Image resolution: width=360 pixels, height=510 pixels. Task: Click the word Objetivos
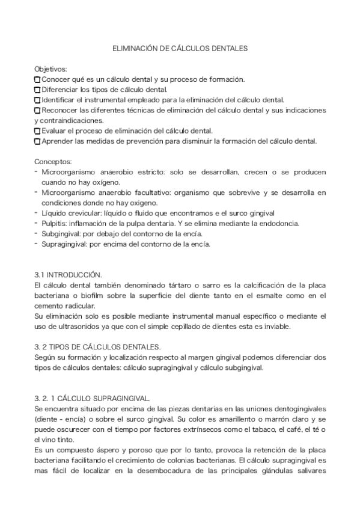50,70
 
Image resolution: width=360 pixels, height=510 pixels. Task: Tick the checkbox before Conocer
37,80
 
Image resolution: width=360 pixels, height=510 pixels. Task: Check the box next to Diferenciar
37,90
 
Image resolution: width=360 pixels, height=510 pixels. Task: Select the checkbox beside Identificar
37,100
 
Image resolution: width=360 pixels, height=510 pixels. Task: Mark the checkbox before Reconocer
37,111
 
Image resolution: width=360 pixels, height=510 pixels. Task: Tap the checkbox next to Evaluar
37,131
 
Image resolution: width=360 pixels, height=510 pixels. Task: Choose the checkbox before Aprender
37,141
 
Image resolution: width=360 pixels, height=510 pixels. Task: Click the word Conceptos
53,162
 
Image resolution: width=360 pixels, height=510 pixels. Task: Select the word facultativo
148,192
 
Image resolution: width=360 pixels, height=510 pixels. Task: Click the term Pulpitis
53,223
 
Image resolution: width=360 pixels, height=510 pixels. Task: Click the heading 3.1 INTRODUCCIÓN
68,274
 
